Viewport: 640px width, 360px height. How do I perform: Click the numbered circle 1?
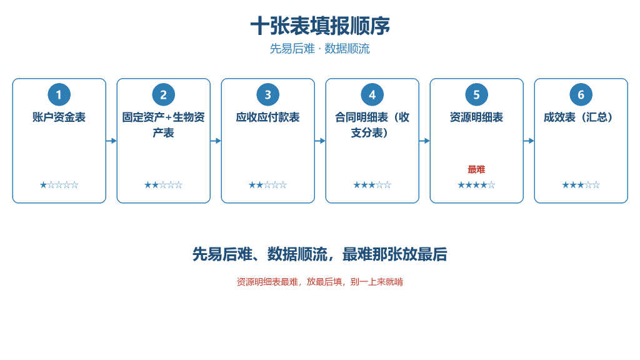(x=59, y=95)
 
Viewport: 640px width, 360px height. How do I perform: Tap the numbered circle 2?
(x=164, y=95)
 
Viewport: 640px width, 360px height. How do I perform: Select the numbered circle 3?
(x=267, y=95)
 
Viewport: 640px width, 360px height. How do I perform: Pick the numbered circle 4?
(x=372, y=95)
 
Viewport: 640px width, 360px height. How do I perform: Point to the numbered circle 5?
(x=477, y=95)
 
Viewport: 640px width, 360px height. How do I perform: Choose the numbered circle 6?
(x=581, y=95)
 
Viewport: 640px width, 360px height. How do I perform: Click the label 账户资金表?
(x=59, y=117)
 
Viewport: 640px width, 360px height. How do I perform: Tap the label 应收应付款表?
(x=267, y=117)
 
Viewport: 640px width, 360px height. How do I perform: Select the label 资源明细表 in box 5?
(x=477, y=117)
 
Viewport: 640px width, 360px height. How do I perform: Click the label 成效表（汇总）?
(x=581, y=117)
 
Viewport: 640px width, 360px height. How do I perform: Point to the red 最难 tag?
(x=477, y=169)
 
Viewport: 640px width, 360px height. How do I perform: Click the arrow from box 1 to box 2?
(x=111, y=141)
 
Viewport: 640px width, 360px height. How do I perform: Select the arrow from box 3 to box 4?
(x=320, y=141)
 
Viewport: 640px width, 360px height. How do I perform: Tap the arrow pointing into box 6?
(x=529, y=141)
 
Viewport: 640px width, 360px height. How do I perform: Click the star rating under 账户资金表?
(x=59, y=185)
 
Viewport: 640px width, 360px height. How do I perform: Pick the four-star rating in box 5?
(x=477, y=185)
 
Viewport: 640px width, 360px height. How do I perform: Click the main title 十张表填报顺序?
(x=320, y=26)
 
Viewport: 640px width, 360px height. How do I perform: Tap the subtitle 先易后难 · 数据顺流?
(x=320, y=49)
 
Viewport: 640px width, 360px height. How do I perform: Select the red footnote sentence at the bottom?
(x=320, y=282)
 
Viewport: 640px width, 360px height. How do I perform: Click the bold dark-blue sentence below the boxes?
(x=320, y=254)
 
